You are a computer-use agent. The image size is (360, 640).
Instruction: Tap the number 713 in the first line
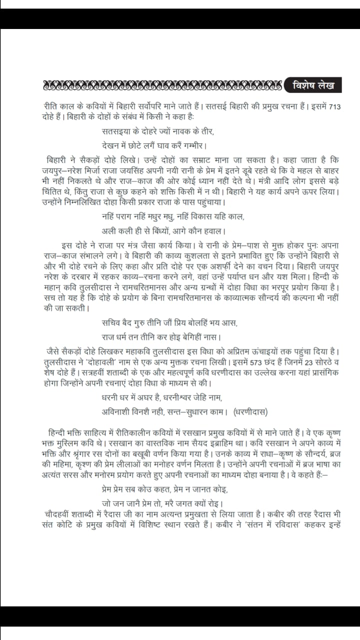coord(334,106)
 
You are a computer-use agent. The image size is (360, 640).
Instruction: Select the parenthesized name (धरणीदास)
coord(250,411)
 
